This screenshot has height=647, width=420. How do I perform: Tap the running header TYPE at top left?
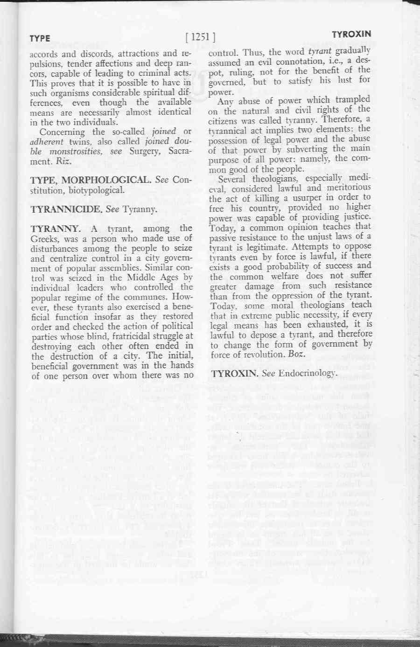(40, 38)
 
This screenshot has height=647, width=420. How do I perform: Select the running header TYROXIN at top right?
(351, 34)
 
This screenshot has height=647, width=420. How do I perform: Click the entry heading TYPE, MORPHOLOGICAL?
(91, 180)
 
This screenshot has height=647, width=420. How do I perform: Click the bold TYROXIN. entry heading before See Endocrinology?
(235, 373)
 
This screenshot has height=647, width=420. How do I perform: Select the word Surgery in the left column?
(142, 151)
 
